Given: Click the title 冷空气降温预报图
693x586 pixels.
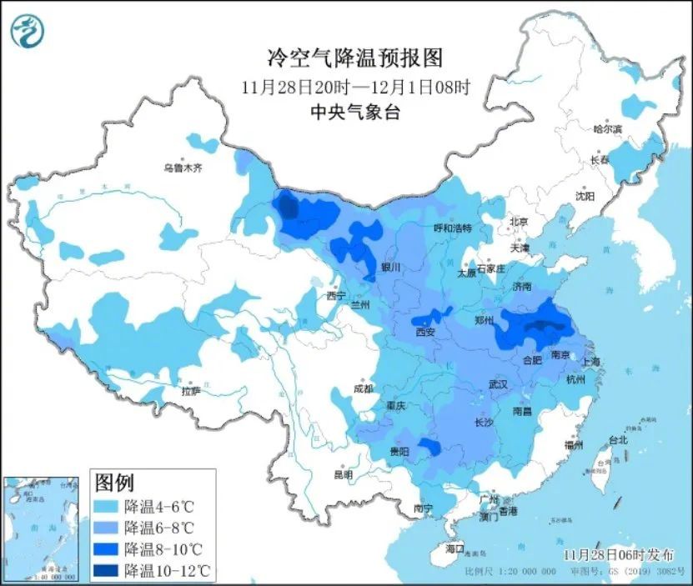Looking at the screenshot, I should click(x=354, y=58).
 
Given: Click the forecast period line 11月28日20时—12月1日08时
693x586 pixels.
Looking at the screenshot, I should click(x=354, y=86).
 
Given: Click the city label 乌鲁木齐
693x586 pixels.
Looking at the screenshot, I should click(x=183, y=168).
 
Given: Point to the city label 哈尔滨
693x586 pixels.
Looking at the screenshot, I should click(x=607, y=129).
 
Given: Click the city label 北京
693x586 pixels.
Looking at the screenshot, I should click(x=519, y=222).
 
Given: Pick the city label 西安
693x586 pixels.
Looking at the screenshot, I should click(x=425, y=332).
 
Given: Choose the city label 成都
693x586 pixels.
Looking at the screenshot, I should click(x=362, y=388).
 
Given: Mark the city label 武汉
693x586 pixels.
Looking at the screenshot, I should click(x=498, y=384).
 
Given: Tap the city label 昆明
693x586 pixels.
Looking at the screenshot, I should click(x=343, y=473).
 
